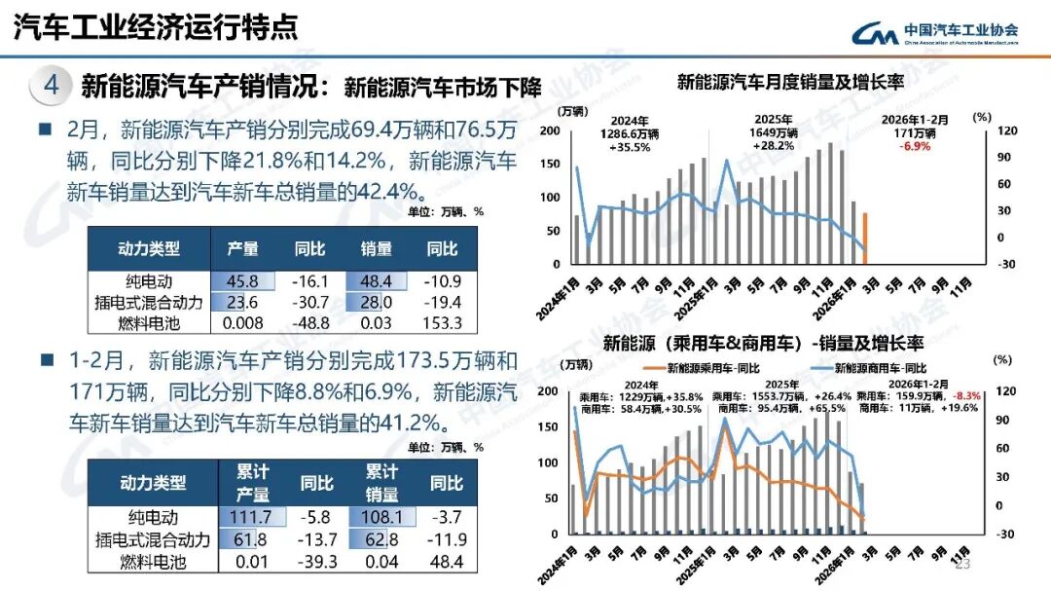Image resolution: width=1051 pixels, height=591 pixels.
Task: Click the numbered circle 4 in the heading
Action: tap(52, 86)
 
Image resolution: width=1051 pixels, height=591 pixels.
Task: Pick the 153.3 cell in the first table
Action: tap(443, 323)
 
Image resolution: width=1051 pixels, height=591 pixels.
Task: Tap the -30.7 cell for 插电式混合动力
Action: tap(310, 303)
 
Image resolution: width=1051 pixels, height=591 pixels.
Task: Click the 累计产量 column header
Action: tap(252, 482)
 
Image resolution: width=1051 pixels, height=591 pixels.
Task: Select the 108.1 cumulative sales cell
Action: tap(382, 518)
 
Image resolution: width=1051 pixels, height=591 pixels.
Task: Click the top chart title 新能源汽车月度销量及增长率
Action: tap(790, 83)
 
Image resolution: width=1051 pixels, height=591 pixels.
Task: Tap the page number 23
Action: tap(963, 566)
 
